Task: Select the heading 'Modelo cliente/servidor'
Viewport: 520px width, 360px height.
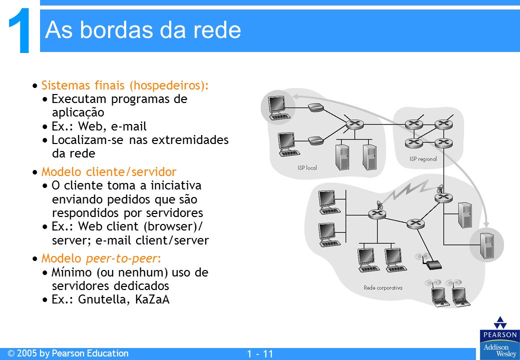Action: [109, 172]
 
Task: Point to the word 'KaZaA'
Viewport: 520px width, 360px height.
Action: [152, 299]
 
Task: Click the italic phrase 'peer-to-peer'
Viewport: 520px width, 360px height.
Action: [121, 258]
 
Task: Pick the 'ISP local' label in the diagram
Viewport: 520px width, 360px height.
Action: [307, 168]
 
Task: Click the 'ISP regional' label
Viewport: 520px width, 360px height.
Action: [423, 159]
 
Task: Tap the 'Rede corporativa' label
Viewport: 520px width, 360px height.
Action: [383, 288]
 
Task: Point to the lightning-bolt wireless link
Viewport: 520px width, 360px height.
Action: [410, 192]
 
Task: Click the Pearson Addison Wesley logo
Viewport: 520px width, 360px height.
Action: [500, 337]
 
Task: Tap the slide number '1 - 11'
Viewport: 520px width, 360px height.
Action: [260, 354]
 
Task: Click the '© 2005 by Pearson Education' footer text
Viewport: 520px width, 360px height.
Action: [68, 353]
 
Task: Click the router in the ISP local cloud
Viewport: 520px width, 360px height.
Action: [355, 125]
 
